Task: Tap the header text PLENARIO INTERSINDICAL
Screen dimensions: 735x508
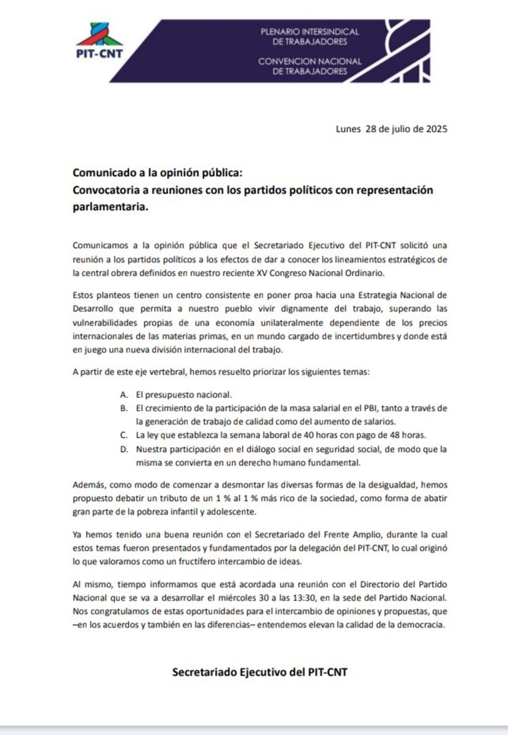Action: coord(309,32)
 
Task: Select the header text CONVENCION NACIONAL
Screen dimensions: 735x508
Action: coord(309,61)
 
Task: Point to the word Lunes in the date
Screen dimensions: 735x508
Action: coord(348,129)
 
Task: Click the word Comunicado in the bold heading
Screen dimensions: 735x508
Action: coord(98,173)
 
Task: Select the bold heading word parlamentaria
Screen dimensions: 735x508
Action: coord(110,208)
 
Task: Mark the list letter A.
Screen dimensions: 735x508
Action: coord(124,395)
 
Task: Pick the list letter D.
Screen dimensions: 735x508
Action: coord(124,449)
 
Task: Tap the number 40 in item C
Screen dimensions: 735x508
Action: coord(309,435)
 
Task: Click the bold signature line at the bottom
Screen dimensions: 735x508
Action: coord(260,672)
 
